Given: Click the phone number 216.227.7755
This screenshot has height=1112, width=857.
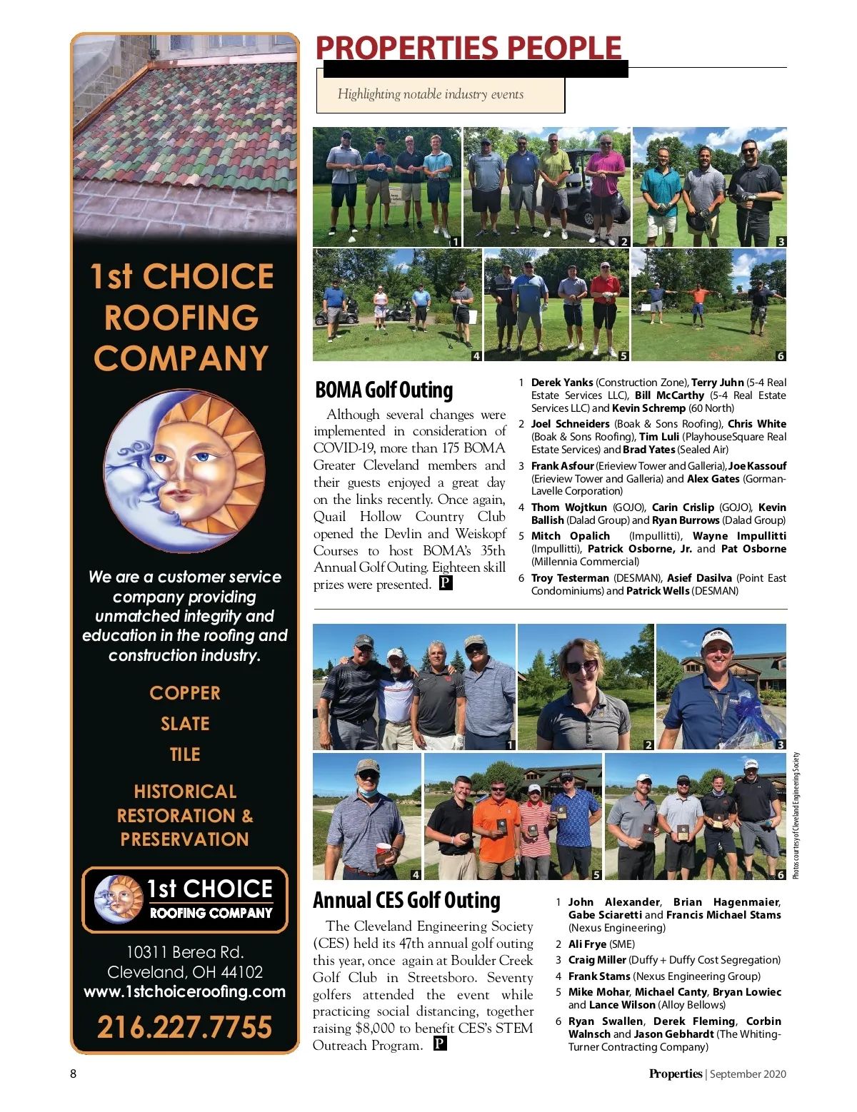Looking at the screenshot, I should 184,1027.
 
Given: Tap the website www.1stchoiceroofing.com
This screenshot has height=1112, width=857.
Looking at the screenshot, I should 184,991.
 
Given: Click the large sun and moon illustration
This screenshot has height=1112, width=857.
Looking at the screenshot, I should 184,470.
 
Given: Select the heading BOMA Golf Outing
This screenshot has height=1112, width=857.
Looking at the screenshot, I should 384,390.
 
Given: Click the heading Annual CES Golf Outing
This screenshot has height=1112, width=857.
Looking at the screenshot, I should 406,901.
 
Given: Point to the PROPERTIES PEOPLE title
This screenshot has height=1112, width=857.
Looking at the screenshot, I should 468,48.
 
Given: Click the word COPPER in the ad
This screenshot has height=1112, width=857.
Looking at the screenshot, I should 185,693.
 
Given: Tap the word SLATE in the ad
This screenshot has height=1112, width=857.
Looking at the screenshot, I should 185,724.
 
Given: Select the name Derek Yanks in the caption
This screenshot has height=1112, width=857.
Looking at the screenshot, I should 562,383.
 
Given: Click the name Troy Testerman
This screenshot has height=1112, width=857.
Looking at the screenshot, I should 569,578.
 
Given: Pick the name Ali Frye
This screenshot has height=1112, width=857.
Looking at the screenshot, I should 587,944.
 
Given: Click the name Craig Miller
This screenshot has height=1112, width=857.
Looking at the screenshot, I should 597,960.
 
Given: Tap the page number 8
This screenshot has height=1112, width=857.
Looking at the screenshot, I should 73,1073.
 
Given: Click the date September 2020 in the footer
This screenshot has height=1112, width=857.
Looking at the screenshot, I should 748,1073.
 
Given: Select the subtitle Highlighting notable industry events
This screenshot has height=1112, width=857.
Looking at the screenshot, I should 430,94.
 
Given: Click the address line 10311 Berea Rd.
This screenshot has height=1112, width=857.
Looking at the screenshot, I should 184,952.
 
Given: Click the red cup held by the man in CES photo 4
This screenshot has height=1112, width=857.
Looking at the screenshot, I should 384,853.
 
